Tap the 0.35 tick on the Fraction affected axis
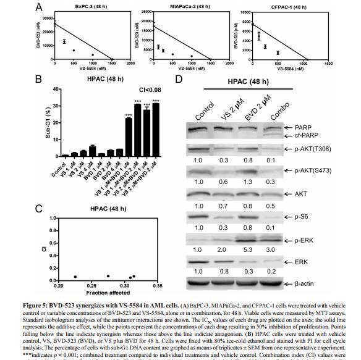pyautogui.click(x=158, y=286)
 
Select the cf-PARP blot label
pyautogui.click(x=301, y=136)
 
